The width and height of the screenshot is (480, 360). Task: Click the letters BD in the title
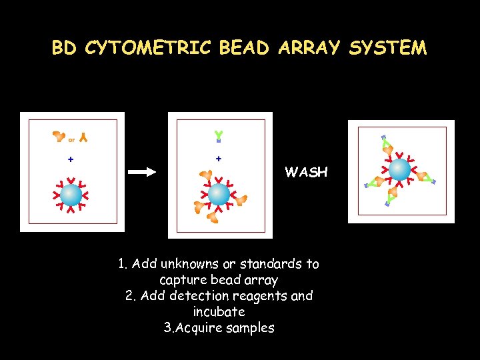[65, 48]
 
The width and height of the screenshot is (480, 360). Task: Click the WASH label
[306, 172]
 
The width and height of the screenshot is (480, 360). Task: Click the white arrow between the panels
[141, 172]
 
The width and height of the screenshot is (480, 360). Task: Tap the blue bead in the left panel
[71, 195]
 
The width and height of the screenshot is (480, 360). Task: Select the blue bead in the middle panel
[219, 194]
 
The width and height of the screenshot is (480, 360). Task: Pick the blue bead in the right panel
[400, 169]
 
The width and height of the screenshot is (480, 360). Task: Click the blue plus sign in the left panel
[71, 159]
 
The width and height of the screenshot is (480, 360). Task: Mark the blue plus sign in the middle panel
[219, 159]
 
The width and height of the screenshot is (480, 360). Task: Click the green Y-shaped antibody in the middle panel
[218, 136]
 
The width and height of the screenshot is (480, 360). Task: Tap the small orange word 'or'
[71, 139]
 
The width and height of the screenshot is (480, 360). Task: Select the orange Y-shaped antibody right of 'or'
[83, 138]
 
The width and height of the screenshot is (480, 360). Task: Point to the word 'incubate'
[219, 312]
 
